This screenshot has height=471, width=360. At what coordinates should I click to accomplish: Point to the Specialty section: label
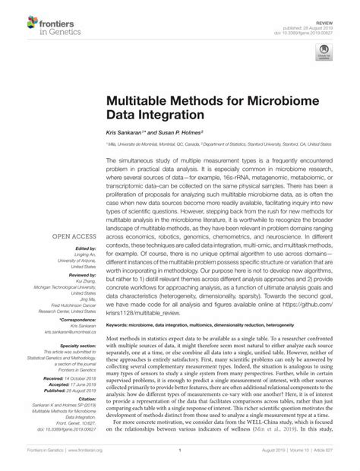point(75,346)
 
